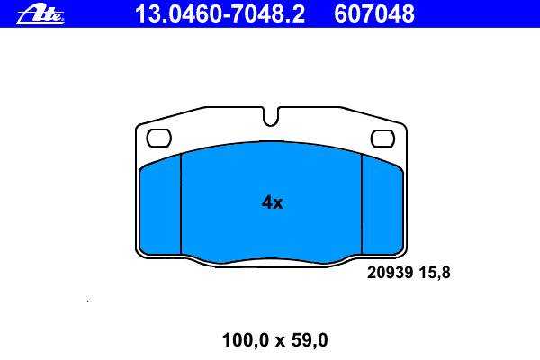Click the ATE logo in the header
[40, 15]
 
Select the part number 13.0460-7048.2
[220, 14]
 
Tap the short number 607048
[374, 14]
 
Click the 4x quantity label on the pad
[272, 202]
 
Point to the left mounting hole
[158, 138]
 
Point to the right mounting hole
[382, 138]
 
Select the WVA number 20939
[390, 273]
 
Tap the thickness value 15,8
[435, 273]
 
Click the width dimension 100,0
[245, 340]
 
